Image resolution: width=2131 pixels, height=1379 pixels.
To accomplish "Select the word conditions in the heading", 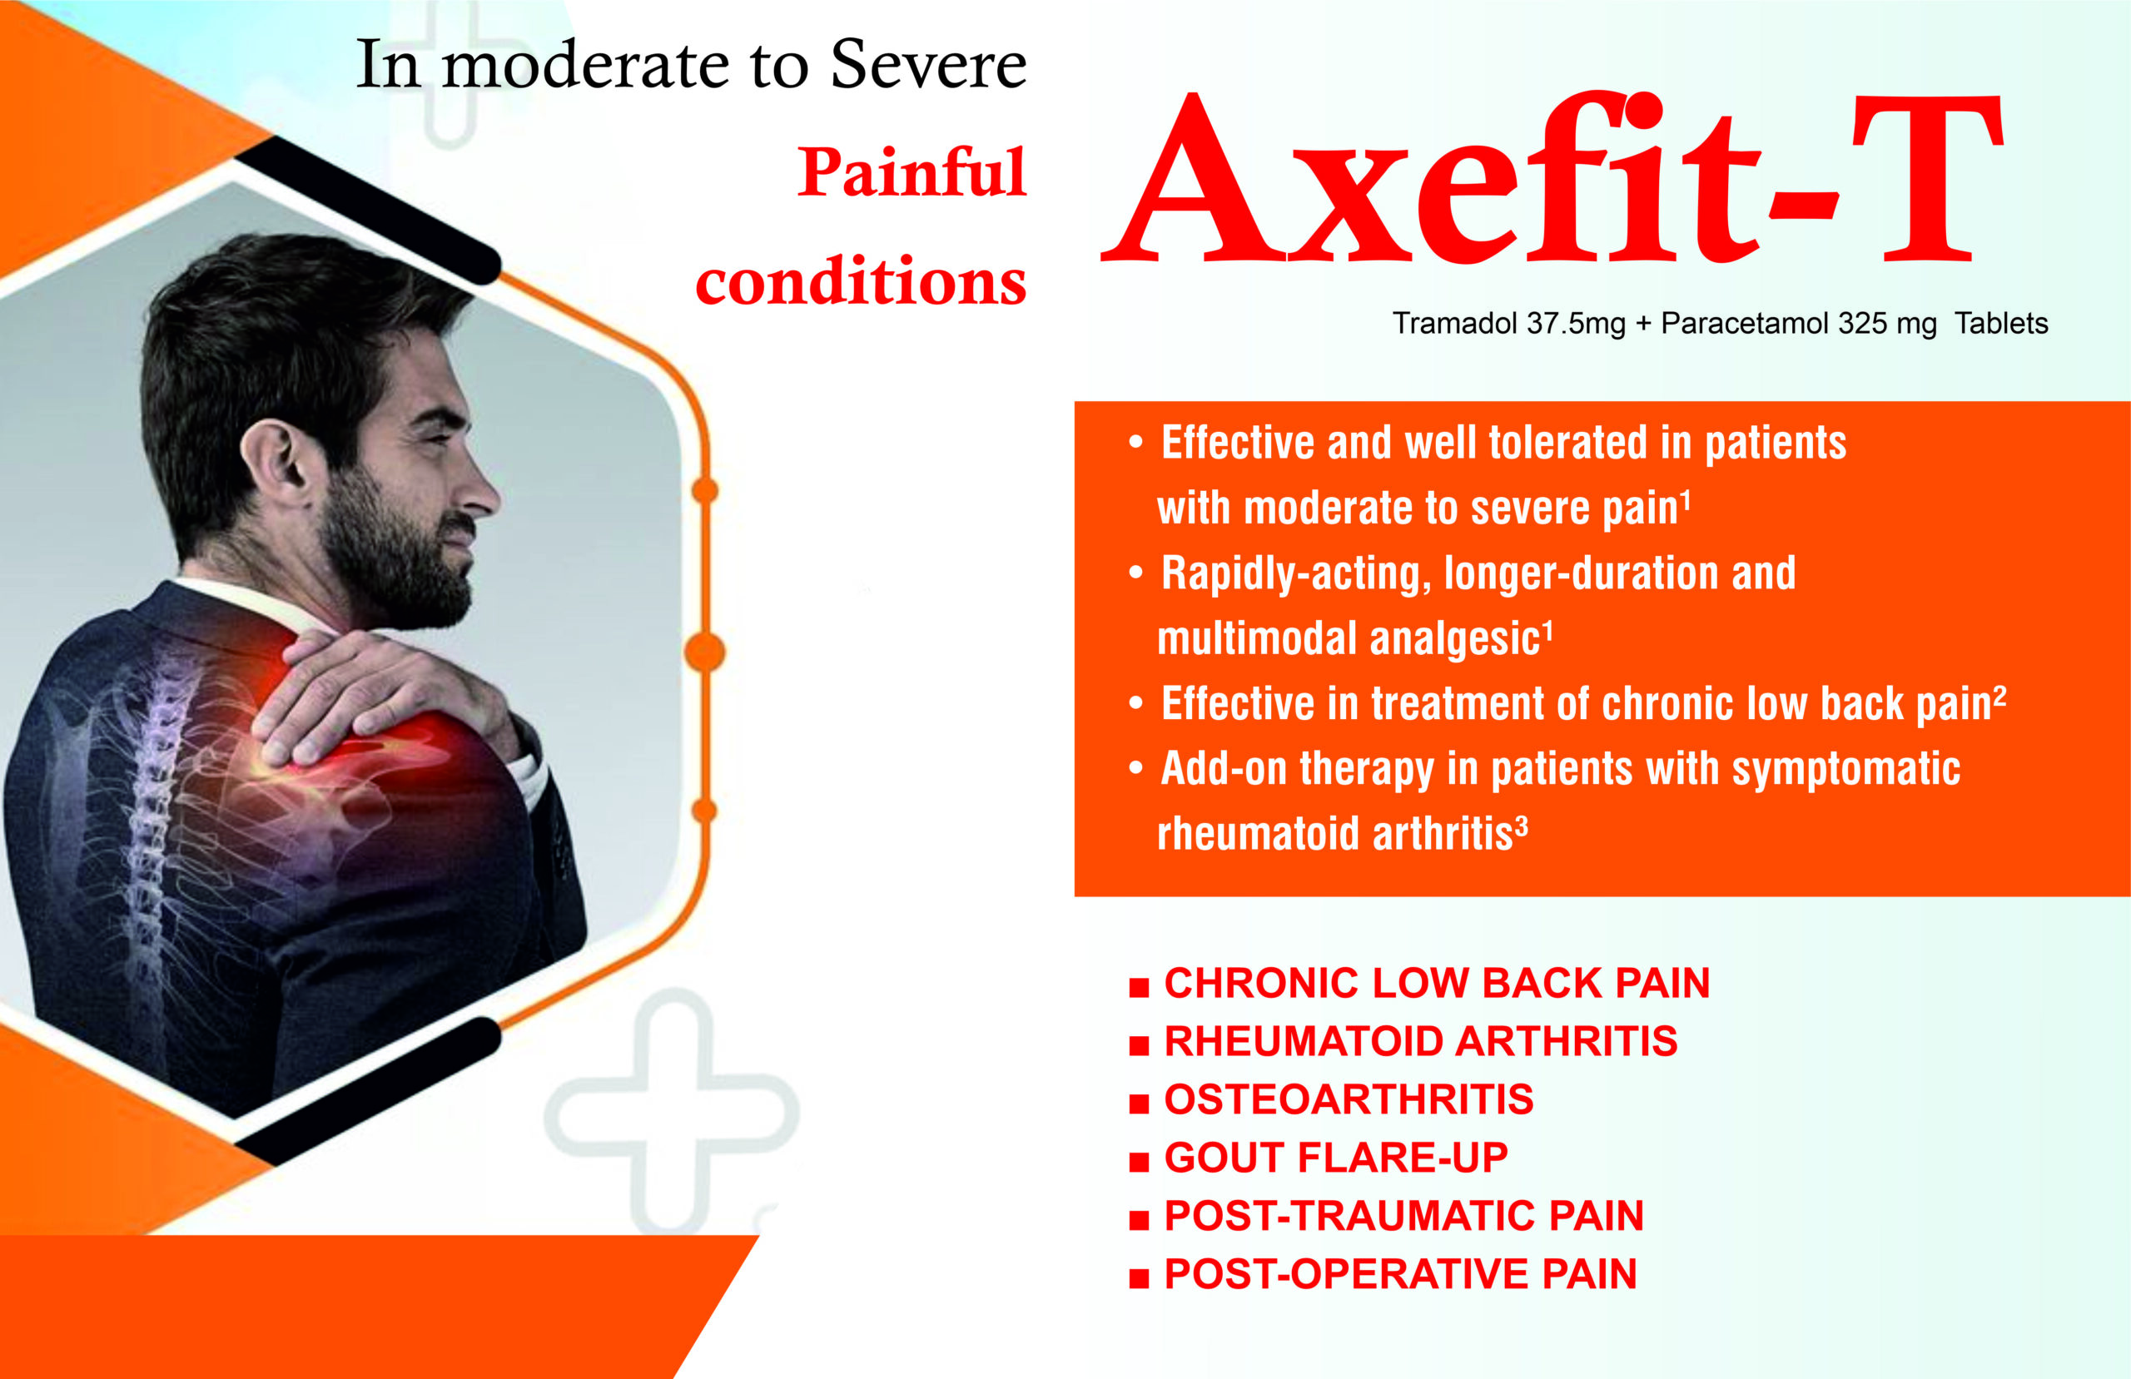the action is (861, 280).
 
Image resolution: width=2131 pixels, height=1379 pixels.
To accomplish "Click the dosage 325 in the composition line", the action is (1860, 323).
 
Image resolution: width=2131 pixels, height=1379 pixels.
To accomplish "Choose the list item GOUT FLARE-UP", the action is (1336, 1158).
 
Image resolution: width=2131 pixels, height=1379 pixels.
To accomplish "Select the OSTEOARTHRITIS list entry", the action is (1349, 1099).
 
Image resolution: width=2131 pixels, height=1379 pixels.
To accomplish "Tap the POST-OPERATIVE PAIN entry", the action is (1400, 1274).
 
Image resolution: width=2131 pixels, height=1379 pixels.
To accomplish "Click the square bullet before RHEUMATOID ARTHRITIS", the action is (1139, 1046).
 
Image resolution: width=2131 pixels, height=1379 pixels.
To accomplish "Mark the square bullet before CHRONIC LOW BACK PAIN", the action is (1139, 988).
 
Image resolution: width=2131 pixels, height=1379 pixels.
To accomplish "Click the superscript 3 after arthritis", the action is (1521, 824).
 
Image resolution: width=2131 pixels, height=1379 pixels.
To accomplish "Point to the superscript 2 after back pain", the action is (1999, 695).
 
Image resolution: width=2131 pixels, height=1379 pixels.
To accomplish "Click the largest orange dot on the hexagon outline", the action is (705, 652).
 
